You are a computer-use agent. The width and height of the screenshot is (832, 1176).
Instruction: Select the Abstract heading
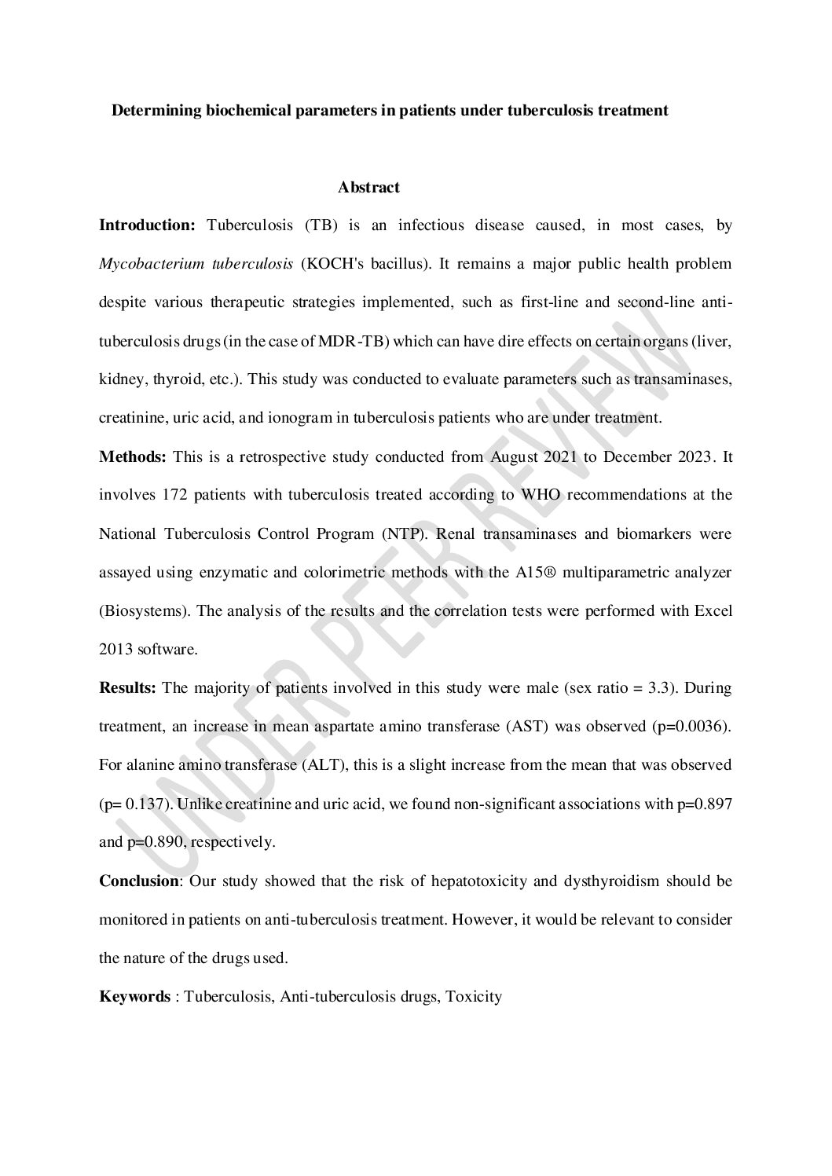click(x=368, y=188)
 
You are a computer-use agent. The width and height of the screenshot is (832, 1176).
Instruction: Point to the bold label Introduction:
click(x=147, y=225)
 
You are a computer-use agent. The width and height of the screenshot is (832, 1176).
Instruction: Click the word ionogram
click(x=301, y=418)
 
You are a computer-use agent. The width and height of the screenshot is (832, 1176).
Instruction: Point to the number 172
click(x=174, y=495)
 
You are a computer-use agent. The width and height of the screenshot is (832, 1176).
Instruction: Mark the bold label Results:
click(x=128, y=688)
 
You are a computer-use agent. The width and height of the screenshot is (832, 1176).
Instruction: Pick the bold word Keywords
click(x=134, y=997)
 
